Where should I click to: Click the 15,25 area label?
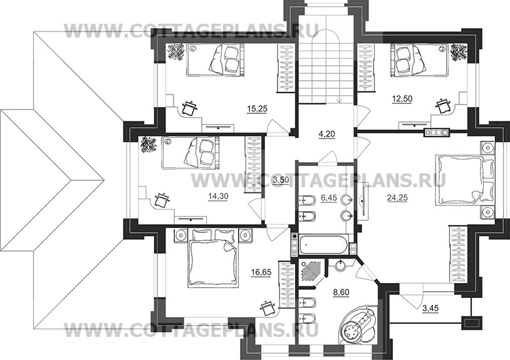click(257, 109)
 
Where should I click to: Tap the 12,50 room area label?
click(402, 98)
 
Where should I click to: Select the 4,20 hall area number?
click(326, 133)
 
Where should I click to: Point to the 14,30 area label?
click(218, 196)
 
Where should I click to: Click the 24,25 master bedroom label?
click(397, 197)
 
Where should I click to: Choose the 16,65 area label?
click(261, 272)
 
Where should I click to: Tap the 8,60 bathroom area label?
click(341, 292)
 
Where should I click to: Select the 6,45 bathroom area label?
click(329, 198)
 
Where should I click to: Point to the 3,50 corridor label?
click(281, 180)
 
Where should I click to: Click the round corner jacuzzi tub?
click(357, 326)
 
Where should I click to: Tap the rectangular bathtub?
click(324, 245)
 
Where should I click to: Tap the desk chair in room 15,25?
click(190, 108)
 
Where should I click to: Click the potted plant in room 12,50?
click(459, 52)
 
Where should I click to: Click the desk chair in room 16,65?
click(269, 307)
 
